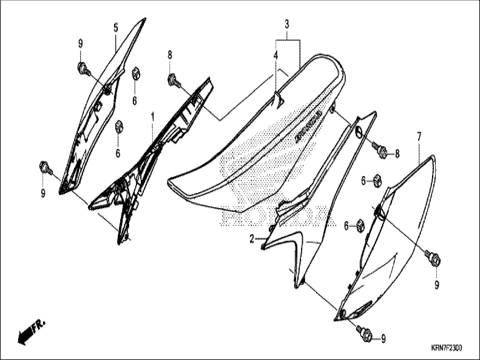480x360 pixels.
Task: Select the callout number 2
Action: pyautogui.click(x=252, y=239)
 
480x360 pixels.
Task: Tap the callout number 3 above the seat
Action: pyautogui.click(x=287, y=24)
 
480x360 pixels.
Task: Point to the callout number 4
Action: pyautogui.click(x=276, y=56)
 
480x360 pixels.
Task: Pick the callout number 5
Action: pyautogui.click(x=116, y=28)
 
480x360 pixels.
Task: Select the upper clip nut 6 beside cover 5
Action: pyautogui.click(x=135, y=74)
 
